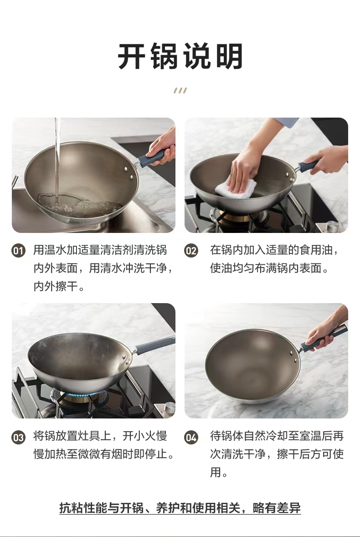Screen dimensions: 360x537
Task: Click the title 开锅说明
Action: [180, 57]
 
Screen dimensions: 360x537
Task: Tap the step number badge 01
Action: [19, 251]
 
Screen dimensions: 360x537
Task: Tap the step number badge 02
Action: [191, 251]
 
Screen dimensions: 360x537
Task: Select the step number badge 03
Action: [19, 437]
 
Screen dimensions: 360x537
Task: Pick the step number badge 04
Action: [191, 437]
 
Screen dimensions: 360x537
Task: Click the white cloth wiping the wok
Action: [236, 188]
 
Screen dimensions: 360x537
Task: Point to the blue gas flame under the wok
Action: [79, 395]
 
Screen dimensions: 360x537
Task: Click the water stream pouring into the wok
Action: [57, 161]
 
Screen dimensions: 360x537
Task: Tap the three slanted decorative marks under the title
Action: [180, 90]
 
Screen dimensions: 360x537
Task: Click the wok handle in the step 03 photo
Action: [154, 344]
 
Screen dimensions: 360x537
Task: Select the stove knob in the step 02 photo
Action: [332, 226]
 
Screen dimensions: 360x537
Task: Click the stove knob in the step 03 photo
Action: [169, 408]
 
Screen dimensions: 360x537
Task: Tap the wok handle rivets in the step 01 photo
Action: [129, 173]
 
